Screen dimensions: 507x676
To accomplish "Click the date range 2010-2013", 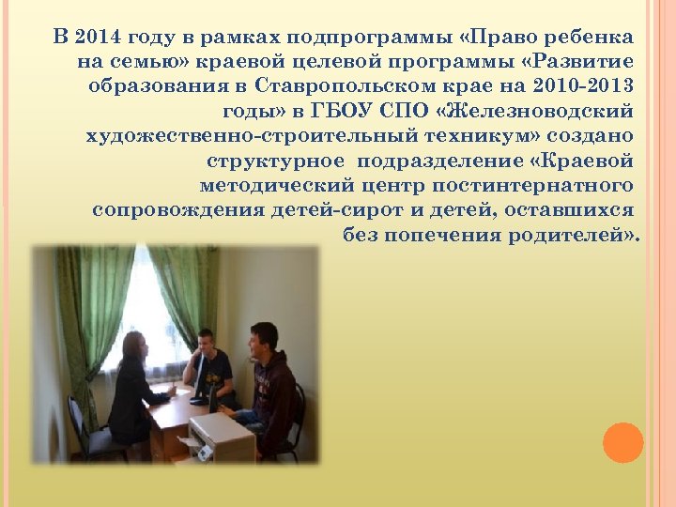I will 580,86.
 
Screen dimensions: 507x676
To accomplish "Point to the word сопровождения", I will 161,209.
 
